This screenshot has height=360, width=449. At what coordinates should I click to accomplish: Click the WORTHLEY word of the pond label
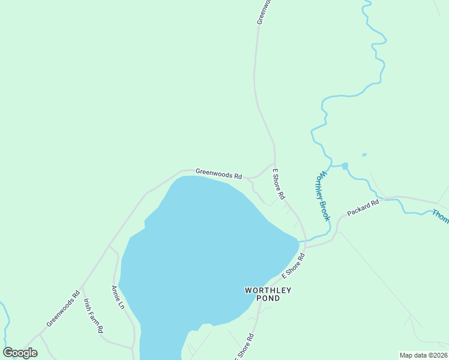point(268,290)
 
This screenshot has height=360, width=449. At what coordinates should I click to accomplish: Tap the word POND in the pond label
point(268,298)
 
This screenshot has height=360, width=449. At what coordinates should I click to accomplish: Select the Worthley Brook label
point(322,196)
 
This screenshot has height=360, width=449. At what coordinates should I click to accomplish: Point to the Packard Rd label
point(363,208)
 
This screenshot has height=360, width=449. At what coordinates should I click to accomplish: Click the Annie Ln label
point(117,297)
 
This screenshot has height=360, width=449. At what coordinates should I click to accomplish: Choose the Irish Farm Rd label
point(94,316)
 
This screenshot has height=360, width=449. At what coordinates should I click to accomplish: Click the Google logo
point(20,353)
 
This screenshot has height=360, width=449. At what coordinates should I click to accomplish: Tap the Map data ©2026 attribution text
point(424,355)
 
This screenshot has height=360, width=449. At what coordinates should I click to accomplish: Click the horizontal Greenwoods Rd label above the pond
point(218,173)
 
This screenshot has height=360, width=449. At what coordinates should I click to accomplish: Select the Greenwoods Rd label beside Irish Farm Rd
point(63,309)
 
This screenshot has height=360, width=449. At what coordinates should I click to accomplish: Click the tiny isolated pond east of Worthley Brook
point(364,155)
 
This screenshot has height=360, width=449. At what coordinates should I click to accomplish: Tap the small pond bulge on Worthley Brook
point(345,166)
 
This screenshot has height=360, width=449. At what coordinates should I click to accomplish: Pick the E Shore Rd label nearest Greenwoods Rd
point(279,184)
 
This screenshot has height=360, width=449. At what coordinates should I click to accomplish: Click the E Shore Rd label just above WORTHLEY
point(293,265)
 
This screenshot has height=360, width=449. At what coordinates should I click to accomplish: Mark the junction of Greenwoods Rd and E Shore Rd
point(274,163)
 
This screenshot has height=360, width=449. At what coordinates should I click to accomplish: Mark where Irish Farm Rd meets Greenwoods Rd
point(82,286)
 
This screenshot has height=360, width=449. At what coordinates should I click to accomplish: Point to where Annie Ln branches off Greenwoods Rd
point(109,245)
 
